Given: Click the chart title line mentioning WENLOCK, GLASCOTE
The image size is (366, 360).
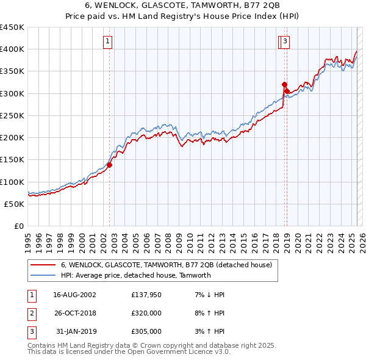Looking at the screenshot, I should click(183, 5).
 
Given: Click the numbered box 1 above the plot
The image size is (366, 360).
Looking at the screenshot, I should click(107, 41).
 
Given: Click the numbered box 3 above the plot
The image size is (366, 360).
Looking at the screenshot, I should click(285, 41).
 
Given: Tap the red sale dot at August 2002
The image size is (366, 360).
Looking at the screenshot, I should click(110, 165).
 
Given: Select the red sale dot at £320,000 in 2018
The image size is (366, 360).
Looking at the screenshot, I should click(284, 85).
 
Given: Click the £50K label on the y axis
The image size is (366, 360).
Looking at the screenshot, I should click(14, 204).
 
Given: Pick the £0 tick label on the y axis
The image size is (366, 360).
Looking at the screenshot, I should click(20, 226).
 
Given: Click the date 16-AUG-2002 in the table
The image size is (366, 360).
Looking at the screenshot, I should click(75, 295).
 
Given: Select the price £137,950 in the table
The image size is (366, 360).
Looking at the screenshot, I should click(146, 295).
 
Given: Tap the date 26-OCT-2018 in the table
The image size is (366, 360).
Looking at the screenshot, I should click(75, 313).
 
